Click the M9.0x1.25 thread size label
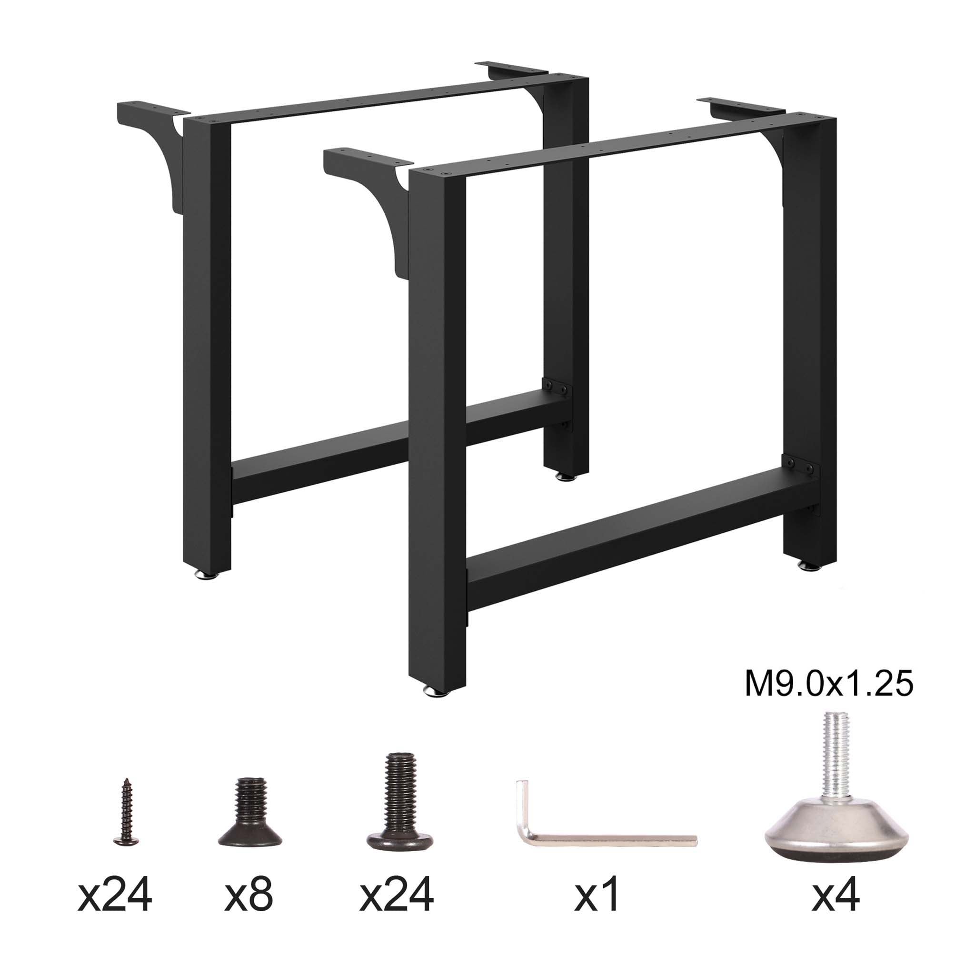[829, 685]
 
